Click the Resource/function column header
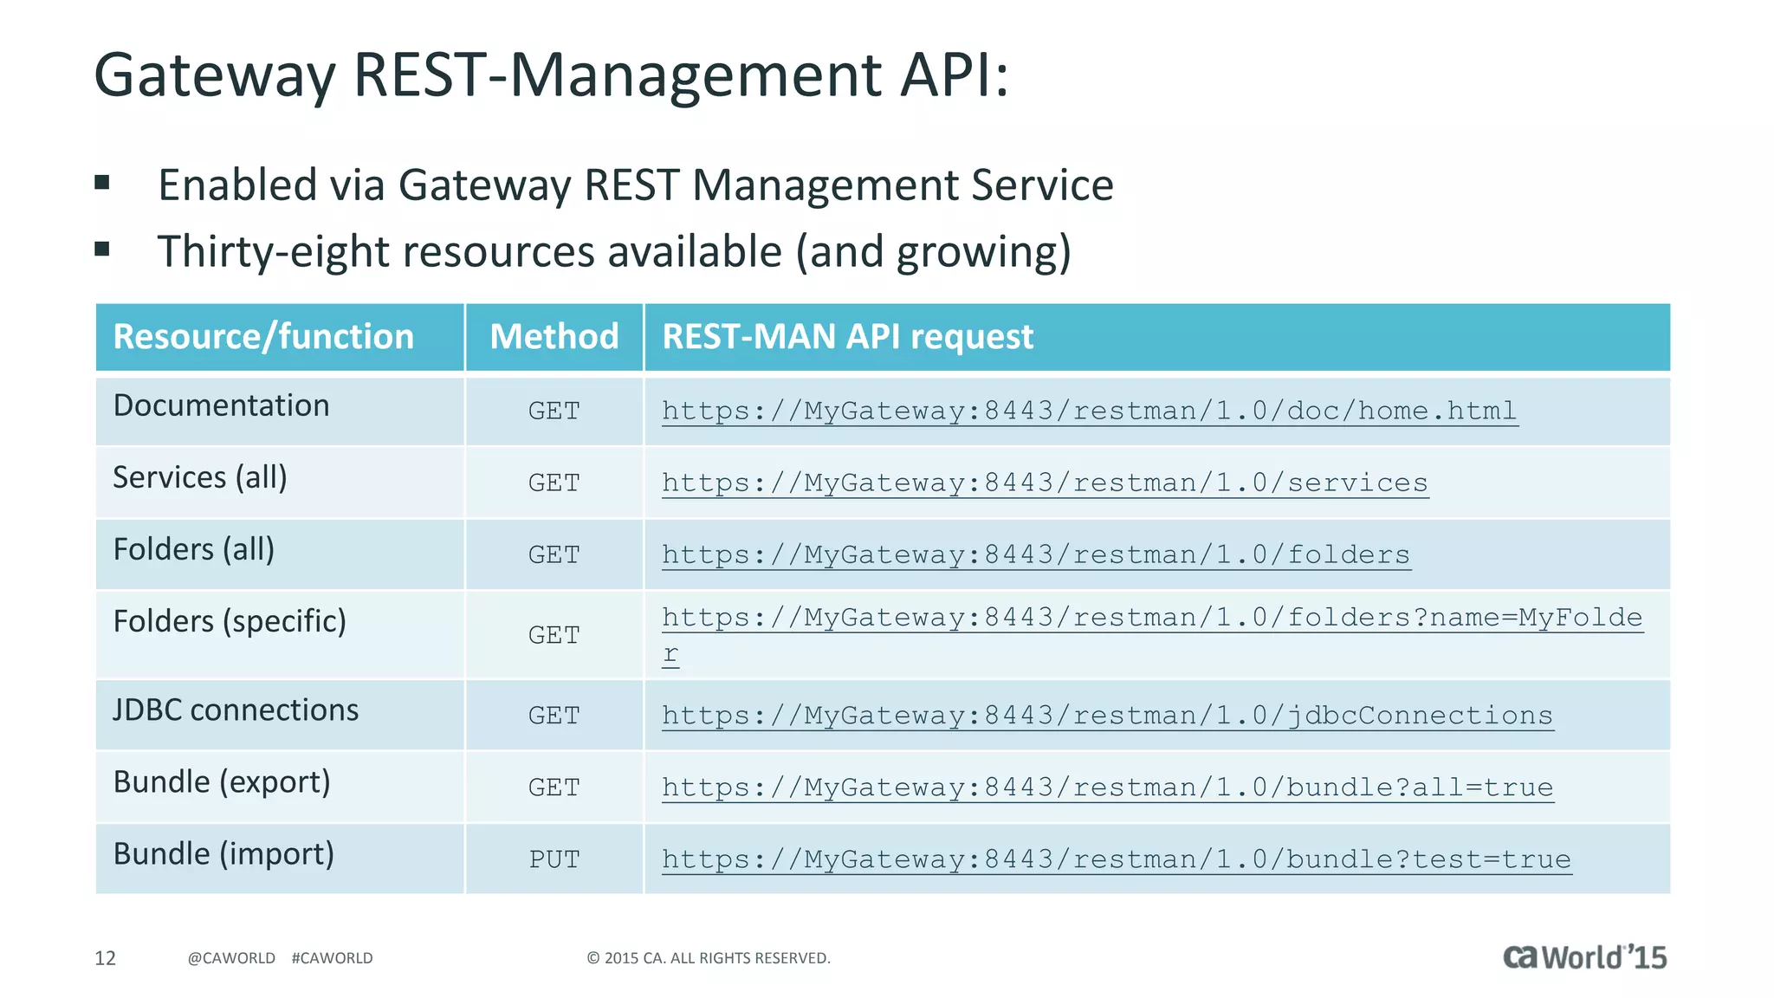click(x=263, y=337)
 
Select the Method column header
click(x=554, y=337)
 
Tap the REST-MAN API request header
click(x=847, y=337)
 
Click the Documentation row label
click(x=222, y=405)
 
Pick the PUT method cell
click(x=554, y=859)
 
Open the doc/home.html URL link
click(x=1089, y=411)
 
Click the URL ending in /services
click(x=1045, y=483)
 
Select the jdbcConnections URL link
click(x=1107, y=716)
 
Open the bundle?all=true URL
click(x=1107, y=787)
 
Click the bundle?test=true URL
click(x=1116, y=859)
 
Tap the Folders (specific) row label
click(x=230, y=621)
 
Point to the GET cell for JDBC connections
click(x=554, y=716)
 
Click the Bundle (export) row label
click(x=222, y=782)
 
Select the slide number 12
click(x=105, y=958)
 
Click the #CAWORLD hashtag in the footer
click(x=332, y=958)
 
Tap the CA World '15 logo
click(x=1584, y=957)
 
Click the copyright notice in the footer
click(x=709, y=958)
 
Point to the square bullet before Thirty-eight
click(x=102, y=250)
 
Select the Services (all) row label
click(x=200, y=477)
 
